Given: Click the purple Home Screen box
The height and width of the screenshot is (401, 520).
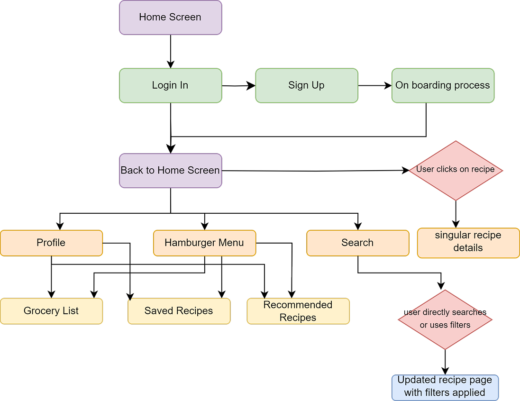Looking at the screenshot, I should pos(170,18).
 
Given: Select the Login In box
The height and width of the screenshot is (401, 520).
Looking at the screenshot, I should pos(170,85).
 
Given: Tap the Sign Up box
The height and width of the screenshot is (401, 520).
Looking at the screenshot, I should pos(306,85).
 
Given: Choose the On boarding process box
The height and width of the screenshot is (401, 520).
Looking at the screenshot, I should pos(443,85).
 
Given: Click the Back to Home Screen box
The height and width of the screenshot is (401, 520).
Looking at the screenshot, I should pos(170,170).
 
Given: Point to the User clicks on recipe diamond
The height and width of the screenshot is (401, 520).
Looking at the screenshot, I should pos(456,170).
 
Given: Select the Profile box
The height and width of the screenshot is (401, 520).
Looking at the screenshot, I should pos(51,243).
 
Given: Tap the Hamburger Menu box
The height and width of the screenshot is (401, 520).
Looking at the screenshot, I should pos(204,243).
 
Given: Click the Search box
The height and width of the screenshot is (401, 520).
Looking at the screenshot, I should pos(357,243).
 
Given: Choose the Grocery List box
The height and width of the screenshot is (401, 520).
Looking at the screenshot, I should pos(51,311).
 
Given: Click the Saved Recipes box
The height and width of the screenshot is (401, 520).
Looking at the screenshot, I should pos(179,311).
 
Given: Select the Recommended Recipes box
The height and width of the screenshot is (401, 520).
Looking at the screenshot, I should pos(298,311).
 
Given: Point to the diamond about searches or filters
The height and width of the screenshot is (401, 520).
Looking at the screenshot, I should pos(445,319).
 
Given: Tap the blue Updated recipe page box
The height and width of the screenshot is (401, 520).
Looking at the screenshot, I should pos(445,387).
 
